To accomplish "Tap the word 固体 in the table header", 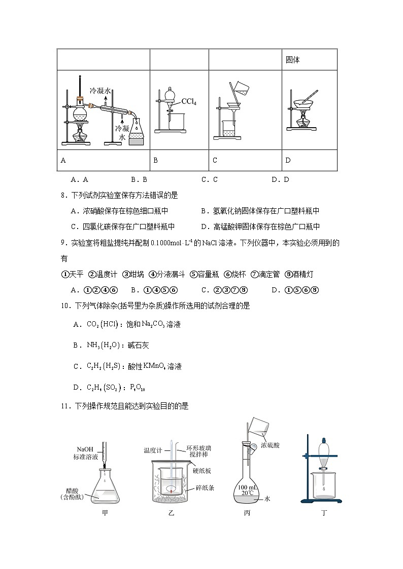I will click(293, 60).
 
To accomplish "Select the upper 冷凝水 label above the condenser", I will click(100, 91).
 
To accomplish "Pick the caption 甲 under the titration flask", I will click(105, 513).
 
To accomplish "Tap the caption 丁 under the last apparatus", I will click(324, 513).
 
